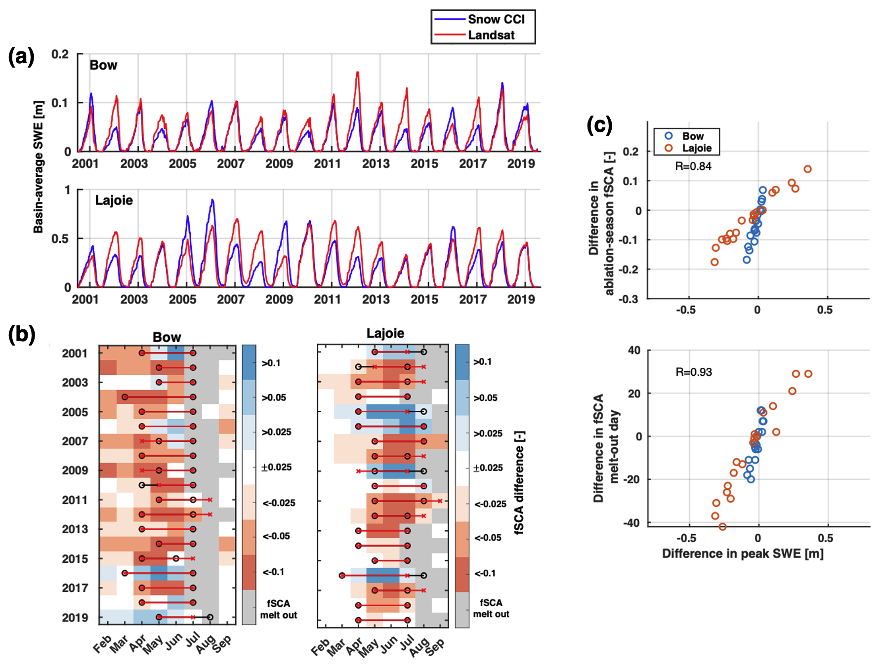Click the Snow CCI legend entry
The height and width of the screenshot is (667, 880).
(x=496, y=19)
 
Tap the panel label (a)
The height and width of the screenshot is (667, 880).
(x=21, y=57)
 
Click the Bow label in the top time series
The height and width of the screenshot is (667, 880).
(x=103, y=65)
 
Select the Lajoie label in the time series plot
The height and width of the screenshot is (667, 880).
(x=114, y=200)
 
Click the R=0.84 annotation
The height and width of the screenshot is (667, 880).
(x=693, y=166)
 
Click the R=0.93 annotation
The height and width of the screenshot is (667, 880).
(x=693, y=372)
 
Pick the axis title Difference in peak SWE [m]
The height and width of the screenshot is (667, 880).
(x=743, y=553)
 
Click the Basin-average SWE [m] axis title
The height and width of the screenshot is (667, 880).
(x=38, y=167)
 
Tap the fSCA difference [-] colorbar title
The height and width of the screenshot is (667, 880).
(x=519, y=483)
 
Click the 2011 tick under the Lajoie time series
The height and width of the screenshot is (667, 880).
(x=327, y=299)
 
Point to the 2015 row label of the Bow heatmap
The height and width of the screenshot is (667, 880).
(x=75, y=559)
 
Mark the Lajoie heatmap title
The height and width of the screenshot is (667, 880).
(x=385, y=333)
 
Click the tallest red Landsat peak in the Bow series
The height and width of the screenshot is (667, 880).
(x=357, y=72)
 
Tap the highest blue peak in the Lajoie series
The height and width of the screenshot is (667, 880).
(x=212, y=200)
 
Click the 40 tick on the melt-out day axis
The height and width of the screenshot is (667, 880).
(x=634, y=351)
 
